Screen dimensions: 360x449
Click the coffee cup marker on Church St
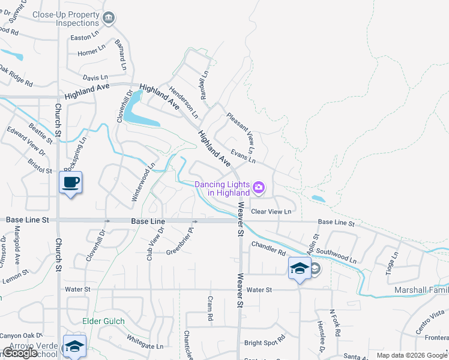click(71, 182)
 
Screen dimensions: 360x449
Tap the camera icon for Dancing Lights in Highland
click(259, 188)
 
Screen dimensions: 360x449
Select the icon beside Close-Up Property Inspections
click(109, 19)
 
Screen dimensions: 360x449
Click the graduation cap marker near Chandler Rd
click(299, 268)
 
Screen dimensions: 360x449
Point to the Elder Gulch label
click(104, 322)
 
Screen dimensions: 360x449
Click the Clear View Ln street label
click(271, 212)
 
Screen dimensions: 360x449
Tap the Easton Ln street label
click(84, 37)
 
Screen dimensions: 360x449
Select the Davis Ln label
click(95, 78)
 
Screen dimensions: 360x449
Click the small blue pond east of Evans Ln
click(319, 199)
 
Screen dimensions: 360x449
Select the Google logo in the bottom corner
click(20, 353)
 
